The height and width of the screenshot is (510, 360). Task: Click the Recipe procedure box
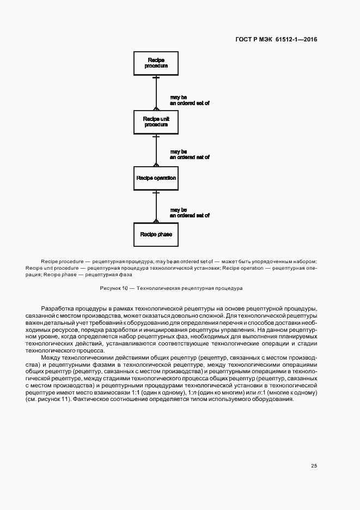156,63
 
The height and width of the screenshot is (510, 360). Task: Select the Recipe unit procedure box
156,122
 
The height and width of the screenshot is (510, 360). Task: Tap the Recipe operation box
156,178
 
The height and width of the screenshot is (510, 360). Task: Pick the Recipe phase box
156,234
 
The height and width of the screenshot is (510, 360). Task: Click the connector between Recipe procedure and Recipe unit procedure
156,93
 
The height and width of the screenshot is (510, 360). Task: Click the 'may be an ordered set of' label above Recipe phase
190,212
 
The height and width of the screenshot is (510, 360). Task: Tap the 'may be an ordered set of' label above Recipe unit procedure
190,100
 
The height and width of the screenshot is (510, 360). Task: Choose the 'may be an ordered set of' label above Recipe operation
190,154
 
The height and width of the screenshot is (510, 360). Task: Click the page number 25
314,466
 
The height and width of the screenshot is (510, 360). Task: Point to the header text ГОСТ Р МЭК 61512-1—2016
276,39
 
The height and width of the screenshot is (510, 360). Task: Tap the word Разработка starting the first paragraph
57,309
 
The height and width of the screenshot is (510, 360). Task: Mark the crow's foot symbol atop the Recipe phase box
156,221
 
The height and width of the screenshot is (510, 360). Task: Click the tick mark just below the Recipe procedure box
156,77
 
